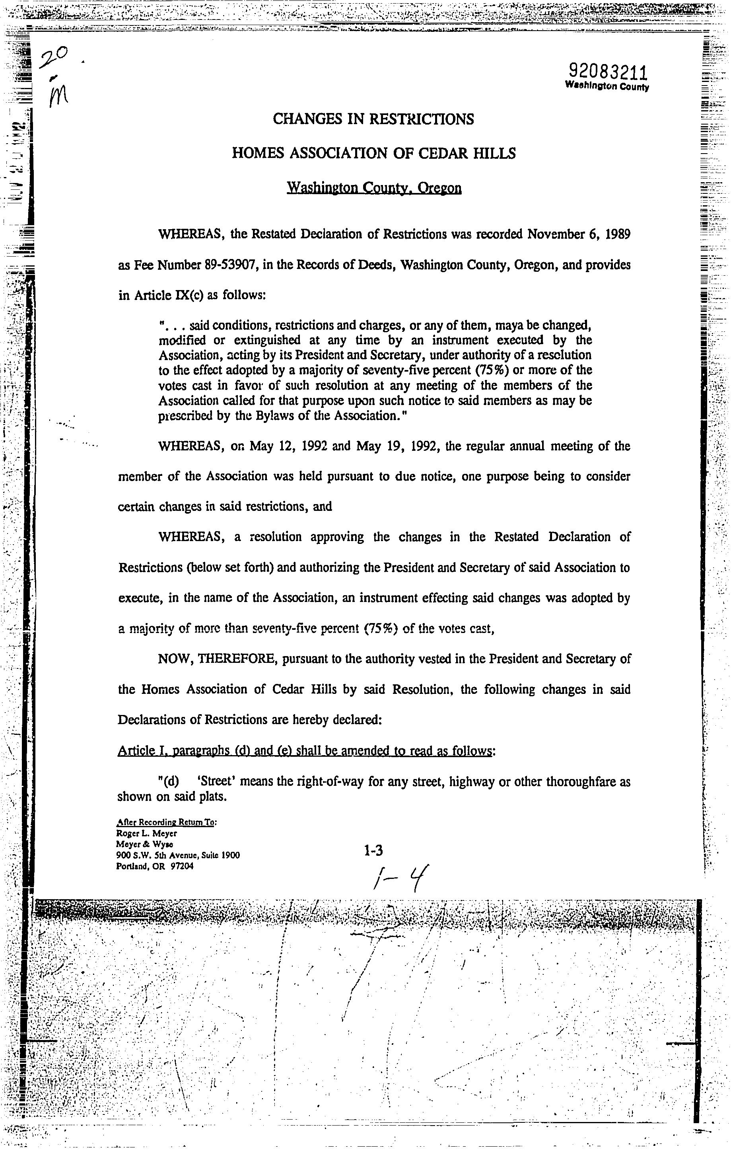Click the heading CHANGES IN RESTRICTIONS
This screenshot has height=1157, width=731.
point(373,119)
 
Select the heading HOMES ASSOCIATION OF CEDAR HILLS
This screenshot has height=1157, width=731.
point(373,153)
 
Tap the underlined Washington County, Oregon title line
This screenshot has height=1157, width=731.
point(374,187)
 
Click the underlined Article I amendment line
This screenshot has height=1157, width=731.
point(306,750)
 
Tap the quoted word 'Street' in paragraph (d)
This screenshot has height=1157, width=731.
point(216,782)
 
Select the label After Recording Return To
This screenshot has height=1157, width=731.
point(167,822)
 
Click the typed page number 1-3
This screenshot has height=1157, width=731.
point(373,851)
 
